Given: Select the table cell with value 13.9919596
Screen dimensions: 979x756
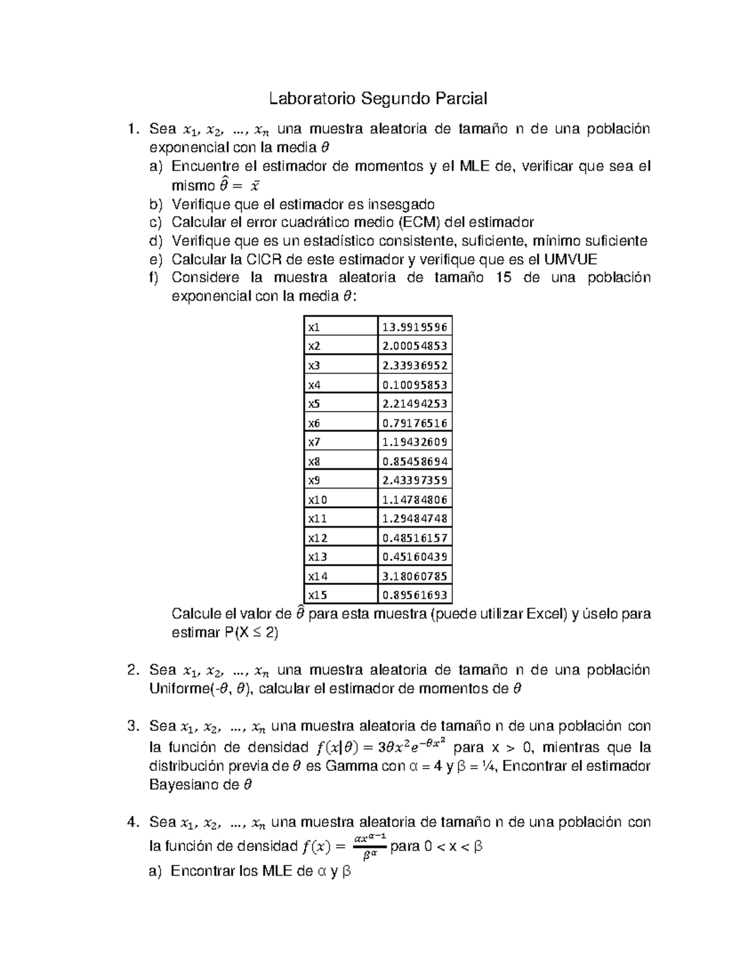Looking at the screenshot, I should click(x=415, y=327).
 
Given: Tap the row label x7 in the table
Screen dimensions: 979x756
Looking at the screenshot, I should click(x=314, y=442).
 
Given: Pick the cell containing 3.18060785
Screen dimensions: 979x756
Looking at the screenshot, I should click(x=415, y=576).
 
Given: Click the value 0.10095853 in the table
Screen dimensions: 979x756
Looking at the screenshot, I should click(x=415, y=385).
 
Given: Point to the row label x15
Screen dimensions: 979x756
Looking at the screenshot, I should click(x=317, y=594).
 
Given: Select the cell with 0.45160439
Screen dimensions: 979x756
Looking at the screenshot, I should click(x=415, y=557).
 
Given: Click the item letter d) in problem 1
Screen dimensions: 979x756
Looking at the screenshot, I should click(x=156, y=241).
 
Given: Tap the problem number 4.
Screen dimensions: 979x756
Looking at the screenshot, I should click(x=132, y=822).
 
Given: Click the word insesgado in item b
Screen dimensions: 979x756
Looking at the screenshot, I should click(x=401, y=204).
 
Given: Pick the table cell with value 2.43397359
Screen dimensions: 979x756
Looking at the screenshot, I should click(x=415, y=480).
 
